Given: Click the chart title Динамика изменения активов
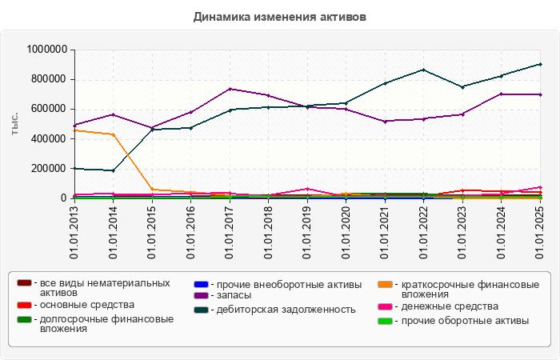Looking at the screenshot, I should [279, 16].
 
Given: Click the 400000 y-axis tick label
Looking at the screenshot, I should [47, 138].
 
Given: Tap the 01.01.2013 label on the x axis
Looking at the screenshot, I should [74, 232].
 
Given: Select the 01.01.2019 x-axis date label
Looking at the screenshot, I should [306, 232].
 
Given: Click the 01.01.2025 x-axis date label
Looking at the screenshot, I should [540, 232].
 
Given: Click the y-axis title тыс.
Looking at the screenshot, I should [14, 123].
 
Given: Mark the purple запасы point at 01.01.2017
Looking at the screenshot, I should [229, 89].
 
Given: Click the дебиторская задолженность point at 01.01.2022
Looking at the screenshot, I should [423, 70].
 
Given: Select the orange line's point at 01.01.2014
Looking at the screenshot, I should [113, 134].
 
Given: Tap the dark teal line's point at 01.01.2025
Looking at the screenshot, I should [540, 64].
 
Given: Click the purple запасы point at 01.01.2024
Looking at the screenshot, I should [501, 94].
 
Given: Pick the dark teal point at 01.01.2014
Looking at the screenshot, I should [113, 170].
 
